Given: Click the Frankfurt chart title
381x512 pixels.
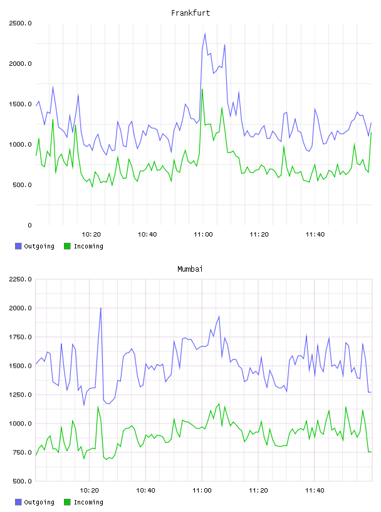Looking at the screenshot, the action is coord(190,13).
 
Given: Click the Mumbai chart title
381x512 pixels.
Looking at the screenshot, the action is coord(190,269).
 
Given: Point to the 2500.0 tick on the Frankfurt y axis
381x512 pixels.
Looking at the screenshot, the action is coord(20,23).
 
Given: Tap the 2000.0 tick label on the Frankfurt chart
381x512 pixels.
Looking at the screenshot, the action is coord(20,63).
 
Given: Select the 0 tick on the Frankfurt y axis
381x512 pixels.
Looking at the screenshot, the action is coord(29,225).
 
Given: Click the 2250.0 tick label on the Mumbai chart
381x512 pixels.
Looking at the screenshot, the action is coord(20,279).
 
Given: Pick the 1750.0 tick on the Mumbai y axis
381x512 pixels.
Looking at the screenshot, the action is coord(20,337).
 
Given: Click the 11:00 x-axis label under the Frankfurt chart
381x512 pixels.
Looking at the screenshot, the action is coord(203,234).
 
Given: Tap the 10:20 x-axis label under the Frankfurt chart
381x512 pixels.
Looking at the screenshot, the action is coord(91,234).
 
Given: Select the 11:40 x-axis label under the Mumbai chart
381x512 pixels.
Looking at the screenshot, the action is coord(315,490).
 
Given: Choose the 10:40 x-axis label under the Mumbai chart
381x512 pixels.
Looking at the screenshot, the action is coord(145,490).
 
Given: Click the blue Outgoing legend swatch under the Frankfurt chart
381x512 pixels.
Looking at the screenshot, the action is coord(18,246).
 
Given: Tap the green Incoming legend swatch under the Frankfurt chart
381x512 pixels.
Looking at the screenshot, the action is coord(67,246).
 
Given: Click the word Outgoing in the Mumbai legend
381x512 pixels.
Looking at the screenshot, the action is coord(39,502).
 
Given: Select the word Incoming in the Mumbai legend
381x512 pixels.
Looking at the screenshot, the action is coord(88,502).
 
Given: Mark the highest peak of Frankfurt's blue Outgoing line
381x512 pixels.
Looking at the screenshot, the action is coord(205,33).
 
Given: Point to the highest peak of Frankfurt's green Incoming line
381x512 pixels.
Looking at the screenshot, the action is coord(202,89).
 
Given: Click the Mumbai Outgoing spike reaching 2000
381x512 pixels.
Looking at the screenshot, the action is coord(101,308).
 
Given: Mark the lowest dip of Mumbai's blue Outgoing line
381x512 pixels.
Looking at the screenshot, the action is coord(84,405).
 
